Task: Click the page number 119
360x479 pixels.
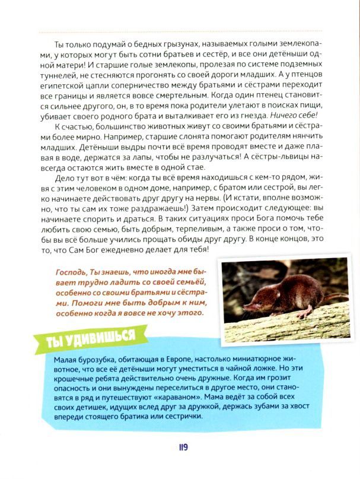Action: [181, 446]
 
